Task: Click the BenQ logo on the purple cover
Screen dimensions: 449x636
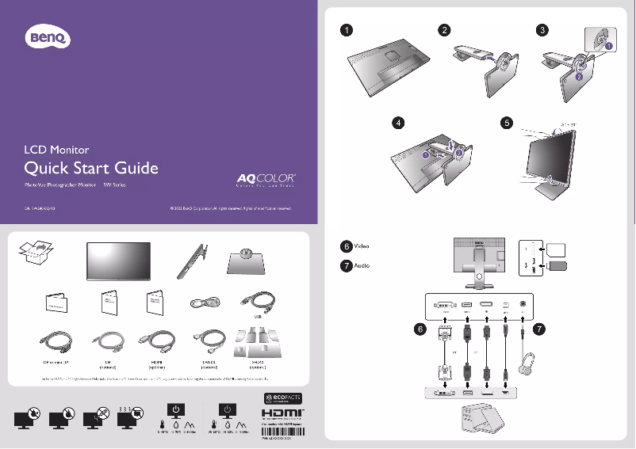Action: pos(48,36)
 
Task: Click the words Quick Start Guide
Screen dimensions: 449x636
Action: pos(91,168)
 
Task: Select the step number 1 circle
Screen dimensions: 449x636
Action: pos(347,30)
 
